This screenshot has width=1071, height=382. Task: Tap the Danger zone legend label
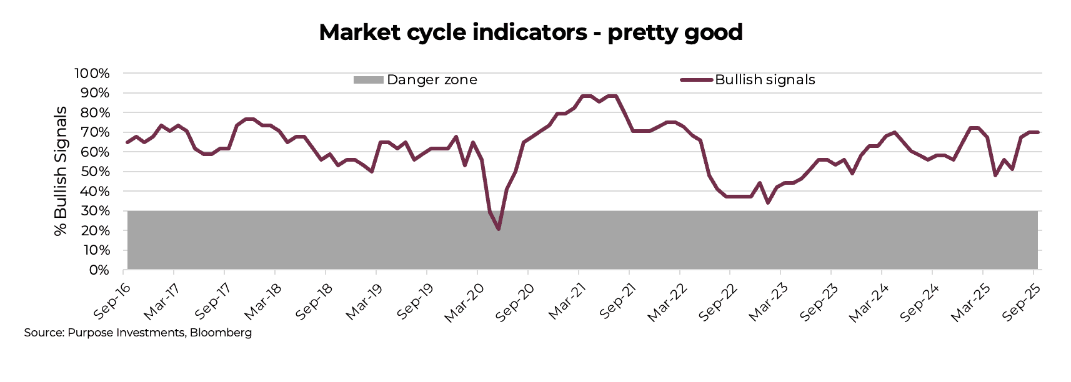[432, 80]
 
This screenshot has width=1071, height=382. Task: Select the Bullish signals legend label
[765, 80]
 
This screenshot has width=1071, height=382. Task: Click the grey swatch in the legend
[368, 80]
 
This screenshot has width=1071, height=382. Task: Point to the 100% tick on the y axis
[92, 74]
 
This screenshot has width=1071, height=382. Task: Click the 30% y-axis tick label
[95, 211]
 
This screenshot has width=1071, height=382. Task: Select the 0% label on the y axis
[99, 270]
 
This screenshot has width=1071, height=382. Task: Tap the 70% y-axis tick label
[95, 132]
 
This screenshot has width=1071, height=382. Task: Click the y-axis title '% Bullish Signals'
[61, 172]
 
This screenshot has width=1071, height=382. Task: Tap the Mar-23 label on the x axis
[768, 301]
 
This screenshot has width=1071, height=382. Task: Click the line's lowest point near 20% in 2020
[499, 229]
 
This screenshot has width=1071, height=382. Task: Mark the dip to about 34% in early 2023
[767, 203]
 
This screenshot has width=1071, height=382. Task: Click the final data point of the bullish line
[1038, 132]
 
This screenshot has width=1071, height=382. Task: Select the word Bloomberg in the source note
[221, 333]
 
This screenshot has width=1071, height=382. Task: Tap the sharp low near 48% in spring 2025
[995, 175]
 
